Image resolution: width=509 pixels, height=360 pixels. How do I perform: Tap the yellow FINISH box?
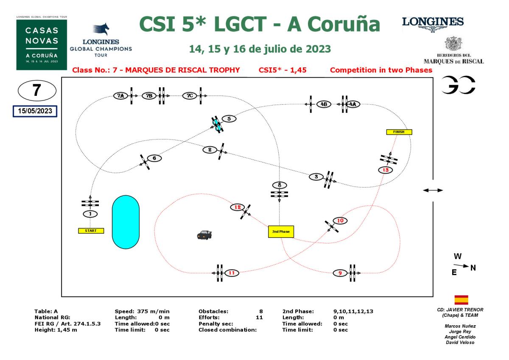(399, 132)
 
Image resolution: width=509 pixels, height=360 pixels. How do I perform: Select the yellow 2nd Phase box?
(281, 231)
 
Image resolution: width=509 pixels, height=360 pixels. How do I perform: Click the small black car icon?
(204, 234)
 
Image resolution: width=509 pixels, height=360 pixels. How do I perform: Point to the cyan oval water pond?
(125, 222)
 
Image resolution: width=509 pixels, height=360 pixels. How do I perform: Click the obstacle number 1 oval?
(90, 213)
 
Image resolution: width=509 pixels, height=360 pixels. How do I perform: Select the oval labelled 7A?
(120, 96)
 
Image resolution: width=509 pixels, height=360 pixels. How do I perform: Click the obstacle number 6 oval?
(154, 158)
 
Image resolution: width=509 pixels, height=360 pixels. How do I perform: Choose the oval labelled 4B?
(324, 104)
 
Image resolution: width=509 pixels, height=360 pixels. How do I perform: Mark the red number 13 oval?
(385, 170)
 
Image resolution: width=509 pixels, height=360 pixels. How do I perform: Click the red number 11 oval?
(232, 273)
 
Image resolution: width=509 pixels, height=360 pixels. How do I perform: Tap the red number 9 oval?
(340, 273)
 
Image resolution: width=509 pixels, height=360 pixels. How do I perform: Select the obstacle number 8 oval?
(279, 185)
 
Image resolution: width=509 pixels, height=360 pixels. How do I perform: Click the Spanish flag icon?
(461, 300)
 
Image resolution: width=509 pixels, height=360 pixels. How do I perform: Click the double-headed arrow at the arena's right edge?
(432, 190)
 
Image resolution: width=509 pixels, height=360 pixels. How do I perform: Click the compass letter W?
(457, 256)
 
